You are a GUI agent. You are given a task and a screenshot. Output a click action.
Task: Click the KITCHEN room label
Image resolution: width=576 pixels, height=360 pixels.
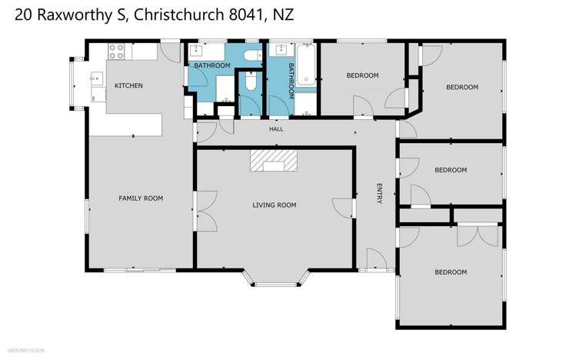[x=128, y=85]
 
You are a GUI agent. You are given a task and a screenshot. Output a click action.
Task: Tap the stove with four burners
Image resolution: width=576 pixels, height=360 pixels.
[x=116, y=52]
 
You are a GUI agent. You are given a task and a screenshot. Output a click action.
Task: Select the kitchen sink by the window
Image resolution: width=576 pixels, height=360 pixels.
[x=96, y=77]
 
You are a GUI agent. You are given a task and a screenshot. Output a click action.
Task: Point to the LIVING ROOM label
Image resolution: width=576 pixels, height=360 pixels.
[x=275, y=205]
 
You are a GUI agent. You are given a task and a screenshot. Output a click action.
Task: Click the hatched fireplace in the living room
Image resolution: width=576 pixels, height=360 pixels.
[x=273, y=160]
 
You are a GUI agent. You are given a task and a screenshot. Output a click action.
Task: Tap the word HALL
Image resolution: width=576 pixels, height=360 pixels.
[x=276, y=129]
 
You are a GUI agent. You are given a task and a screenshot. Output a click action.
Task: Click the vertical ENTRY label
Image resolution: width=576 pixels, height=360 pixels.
[x=378, y=194]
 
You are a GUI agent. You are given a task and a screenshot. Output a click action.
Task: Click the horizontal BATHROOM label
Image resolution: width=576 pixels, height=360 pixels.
[x=211, y=66]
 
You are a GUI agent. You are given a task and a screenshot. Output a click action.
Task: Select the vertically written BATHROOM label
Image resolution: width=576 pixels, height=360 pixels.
[x=291, y=80]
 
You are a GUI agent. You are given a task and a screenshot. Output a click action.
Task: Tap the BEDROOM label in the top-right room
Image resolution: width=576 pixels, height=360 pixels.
[x=462, y=87]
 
